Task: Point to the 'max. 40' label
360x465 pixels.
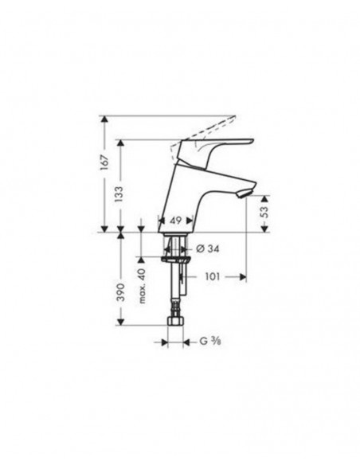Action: (x=142, y=285)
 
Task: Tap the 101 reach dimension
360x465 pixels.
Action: (x=211, y=277)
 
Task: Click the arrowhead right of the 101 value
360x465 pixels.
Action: (x=241, y=277)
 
